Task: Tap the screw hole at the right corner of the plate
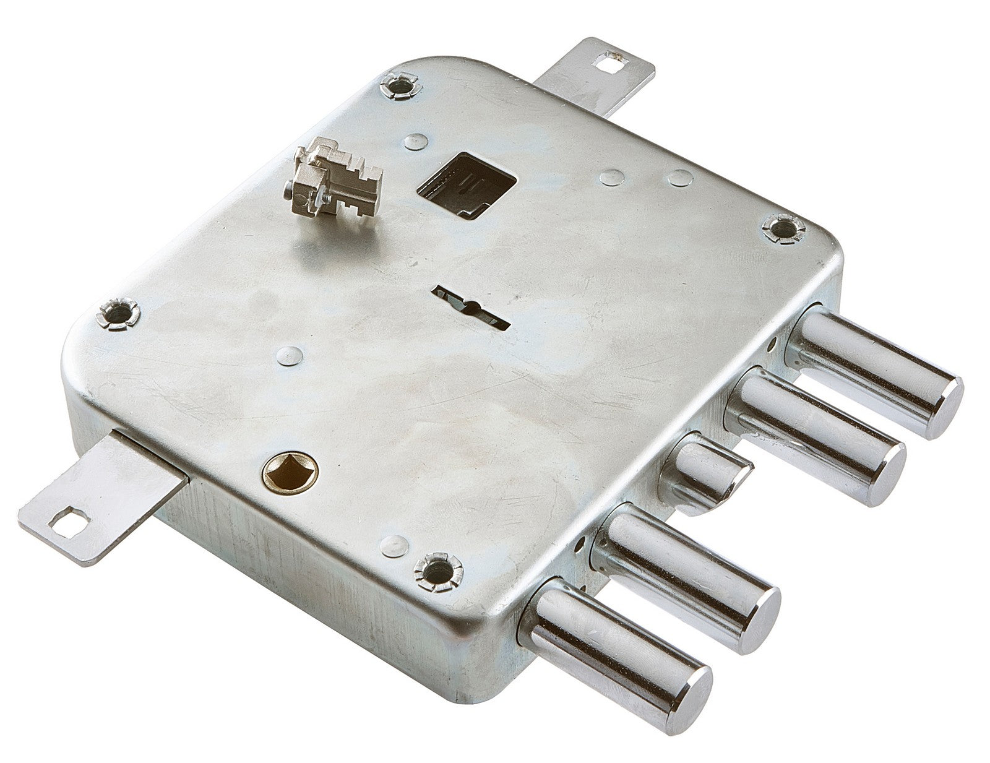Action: (x=781, y=226)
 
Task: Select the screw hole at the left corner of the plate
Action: (x=117, y=312)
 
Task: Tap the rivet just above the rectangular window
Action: (x=415, y=143)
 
